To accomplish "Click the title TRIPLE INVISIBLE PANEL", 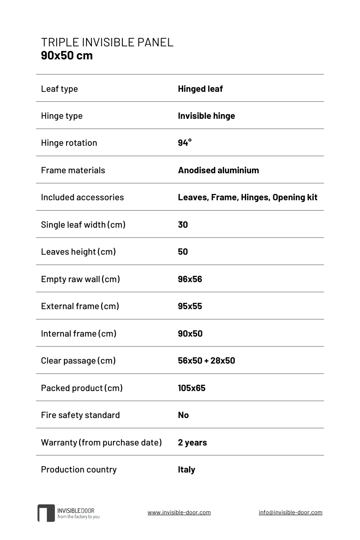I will (x=107, y=42).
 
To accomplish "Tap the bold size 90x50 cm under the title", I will (x=67, y=55).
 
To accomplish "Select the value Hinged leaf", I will (x=200, y=89).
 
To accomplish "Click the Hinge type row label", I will (x=62, y=116).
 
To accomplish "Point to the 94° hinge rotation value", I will (x=184, y=143).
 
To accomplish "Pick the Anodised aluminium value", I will (x=218, y=170).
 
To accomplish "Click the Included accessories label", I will (x=82, y=197).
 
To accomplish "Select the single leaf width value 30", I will (x=183, y=225).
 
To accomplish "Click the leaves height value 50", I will (x=183, y=252).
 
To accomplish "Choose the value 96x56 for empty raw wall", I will (x=190, y=279).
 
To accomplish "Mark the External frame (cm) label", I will (x=80, y=306).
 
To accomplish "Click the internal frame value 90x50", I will (x=190, y=333).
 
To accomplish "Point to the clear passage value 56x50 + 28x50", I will (x=206, y=360).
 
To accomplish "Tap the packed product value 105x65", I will (x=192, y=388).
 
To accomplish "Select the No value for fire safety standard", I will (x=183, y=415).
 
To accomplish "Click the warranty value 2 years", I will (x=192, y=442).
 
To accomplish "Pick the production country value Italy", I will (x=186, y=469).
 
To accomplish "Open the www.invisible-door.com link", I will (x=179, y=512).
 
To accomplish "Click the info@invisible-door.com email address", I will (x=290, y=512).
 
